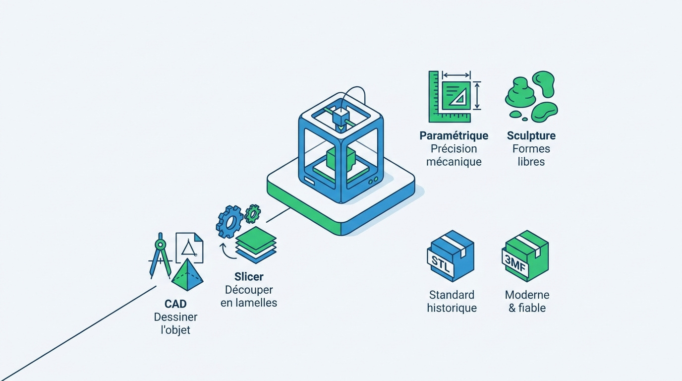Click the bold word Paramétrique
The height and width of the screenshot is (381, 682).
tap(454, 136)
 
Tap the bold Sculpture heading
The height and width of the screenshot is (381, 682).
tap(531, 136)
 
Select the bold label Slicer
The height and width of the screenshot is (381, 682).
tap(249, 277)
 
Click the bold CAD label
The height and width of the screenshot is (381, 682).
tap(175, 304)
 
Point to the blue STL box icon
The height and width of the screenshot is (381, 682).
tap(451, 256)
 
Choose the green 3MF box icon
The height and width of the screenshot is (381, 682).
tap(525, 256)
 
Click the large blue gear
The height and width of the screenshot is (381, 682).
tap(229, 221)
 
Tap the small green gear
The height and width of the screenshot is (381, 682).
tap(252, 214)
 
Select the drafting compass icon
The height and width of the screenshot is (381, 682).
tap(160, 255)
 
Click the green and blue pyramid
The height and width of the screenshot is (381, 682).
tap(187, 275)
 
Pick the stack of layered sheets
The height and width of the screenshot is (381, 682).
tap(256, 245)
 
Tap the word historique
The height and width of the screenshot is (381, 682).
tap(452, 308)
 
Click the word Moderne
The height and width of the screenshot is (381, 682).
tap(527, 295)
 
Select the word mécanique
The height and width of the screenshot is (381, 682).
tap(454, 162)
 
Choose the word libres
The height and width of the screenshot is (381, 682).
tap(531, 162)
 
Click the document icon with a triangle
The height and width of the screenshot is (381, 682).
tap(189, 248)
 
